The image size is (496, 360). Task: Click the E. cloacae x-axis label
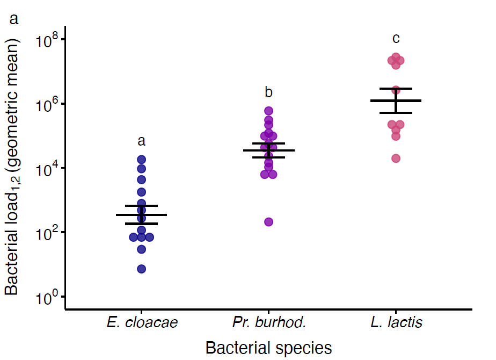pos(142,323)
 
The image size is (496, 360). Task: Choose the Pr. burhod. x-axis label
pos(269,323)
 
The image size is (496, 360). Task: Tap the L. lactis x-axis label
pos(396,323)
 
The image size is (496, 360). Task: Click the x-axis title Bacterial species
pos(268,348)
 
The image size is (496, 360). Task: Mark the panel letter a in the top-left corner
pos(14,20)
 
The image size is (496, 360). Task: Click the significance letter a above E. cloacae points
pos(142,141)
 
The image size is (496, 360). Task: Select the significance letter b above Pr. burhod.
pos(269,92)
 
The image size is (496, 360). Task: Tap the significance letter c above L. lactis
pos(396,39)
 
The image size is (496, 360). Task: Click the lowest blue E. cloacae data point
pos(142,269)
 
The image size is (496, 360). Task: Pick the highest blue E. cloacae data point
pos(142,159)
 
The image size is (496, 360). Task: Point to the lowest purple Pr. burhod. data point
pos(269,222)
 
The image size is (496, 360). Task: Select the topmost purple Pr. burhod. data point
pos(269,111)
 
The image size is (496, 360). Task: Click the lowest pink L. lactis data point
pos(396,158)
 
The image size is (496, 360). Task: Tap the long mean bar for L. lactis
pos(396,100)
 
